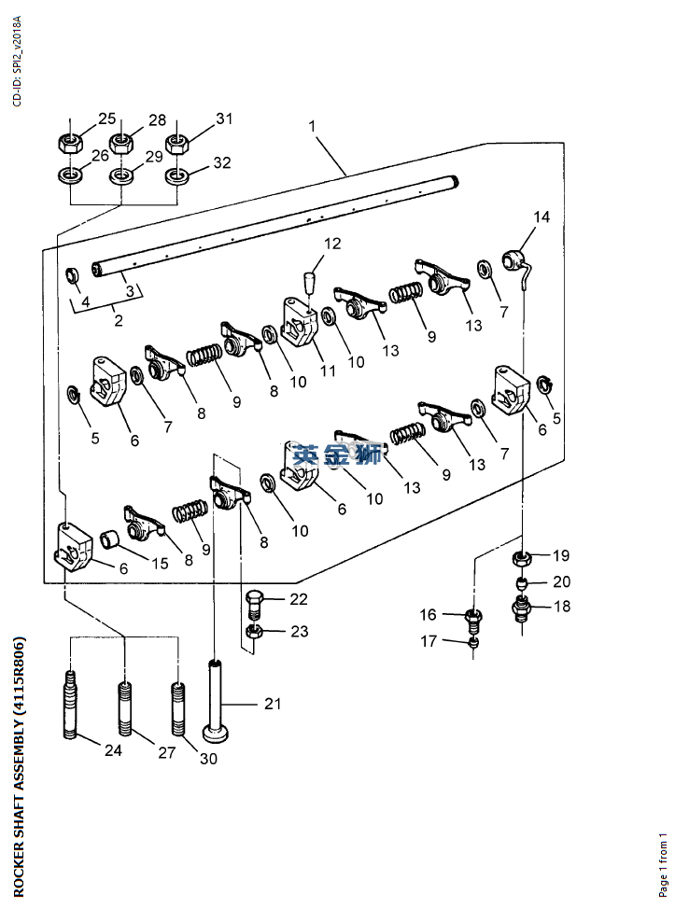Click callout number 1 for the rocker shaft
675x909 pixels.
click(312, 125)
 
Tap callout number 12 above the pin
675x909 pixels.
click(332, 245)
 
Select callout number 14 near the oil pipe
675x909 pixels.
click(541, 217)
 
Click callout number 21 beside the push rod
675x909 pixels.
click(272, 704)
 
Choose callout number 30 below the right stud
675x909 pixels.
click(208, 759)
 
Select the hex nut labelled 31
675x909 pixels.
click(177, 143)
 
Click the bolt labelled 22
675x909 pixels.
click(256, 601)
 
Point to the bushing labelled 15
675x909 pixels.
click(111, 540)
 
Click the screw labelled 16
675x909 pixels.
click(474, 618)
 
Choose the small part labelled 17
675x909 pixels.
click(474, 641)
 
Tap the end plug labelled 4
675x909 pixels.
click(71, 276)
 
